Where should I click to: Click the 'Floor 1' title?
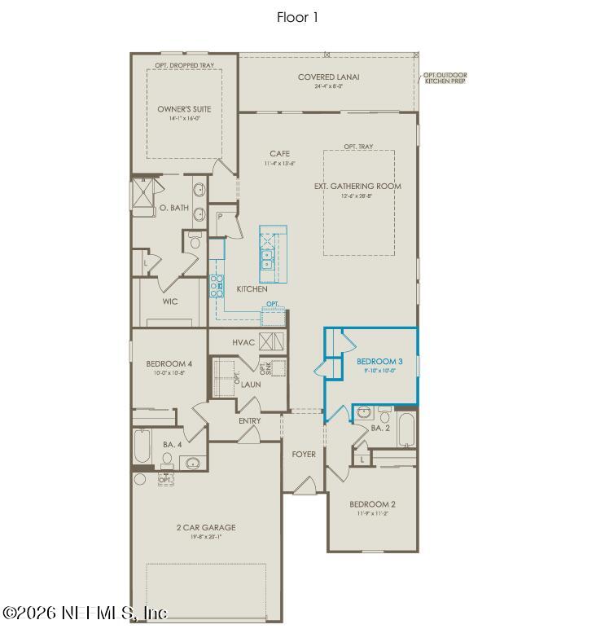[298, 17]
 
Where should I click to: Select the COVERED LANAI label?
[328, 78]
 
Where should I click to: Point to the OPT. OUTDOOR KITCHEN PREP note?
[445, 79]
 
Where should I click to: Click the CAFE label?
[279, 154]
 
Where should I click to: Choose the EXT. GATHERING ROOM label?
[357, 187]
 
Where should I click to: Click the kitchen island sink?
[267, 259]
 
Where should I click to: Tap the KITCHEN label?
[252, 289]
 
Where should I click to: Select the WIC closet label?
[170, 301]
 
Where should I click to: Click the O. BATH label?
[173, 207]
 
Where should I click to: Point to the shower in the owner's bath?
[142, 195]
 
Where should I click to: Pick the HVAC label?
[244, 342]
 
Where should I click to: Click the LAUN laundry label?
[250, 383]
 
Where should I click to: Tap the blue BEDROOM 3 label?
[379, 361]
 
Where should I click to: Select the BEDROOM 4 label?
[169, 363]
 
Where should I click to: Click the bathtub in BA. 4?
[142, 446]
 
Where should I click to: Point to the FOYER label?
[304, 454]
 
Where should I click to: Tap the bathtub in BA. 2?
[406, 429]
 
